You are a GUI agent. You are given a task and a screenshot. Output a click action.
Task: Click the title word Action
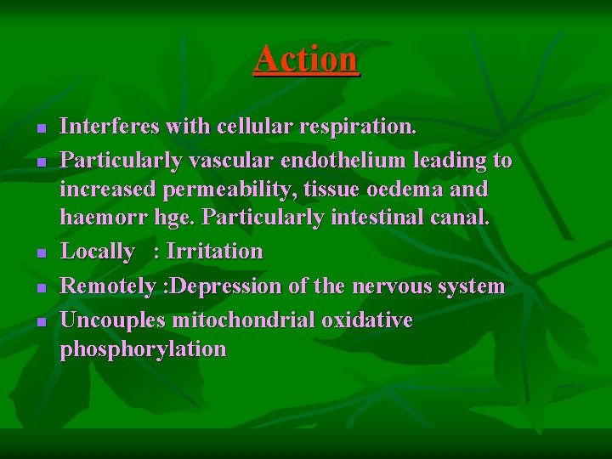click(306, 59)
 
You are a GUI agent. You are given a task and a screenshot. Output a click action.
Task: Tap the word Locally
click(98, 252)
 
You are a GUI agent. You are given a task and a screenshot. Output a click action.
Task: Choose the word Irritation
click(215, 252)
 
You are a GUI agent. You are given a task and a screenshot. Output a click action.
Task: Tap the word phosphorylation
click(143, 349)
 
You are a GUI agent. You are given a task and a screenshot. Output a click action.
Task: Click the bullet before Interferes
click(41, 127)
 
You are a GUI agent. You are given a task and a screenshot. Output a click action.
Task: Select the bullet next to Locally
click(41, 252)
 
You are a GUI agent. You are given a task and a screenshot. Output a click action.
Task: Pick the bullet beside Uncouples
click(41, 321)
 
